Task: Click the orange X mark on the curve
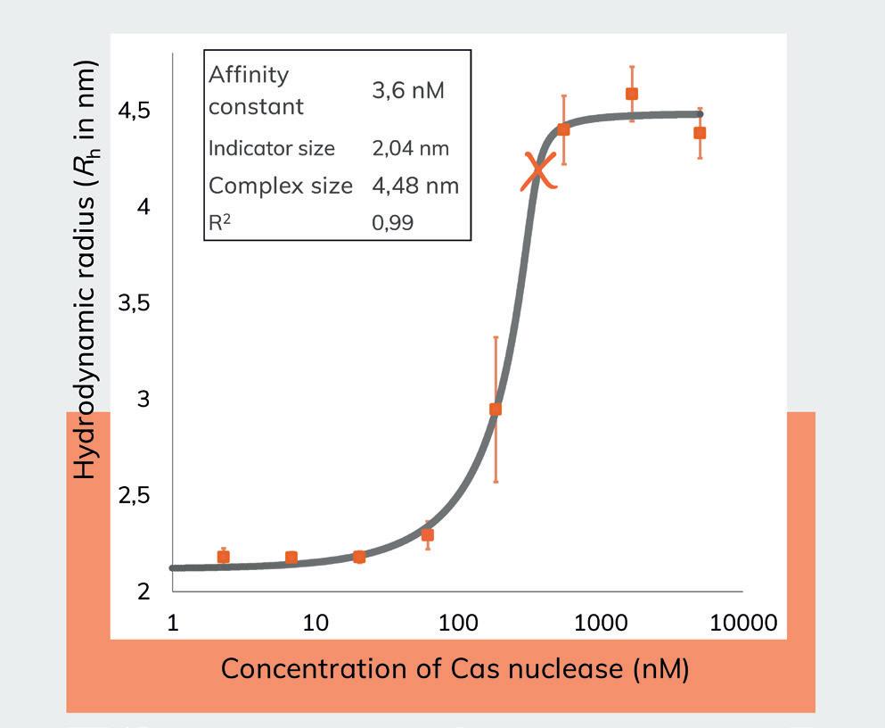tap(539, 170)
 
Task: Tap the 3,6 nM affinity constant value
tap(407, 90)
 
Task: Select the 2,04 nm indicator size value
tap(410, 148)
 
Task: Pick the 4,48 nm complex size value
tap(414, 186)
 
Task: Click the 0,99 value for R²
tap(393, 222)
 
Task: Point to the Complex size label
tap(280, 186)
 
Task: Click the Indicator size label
tap(272, 148)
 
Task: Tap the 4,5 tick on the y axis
tap(134, 112)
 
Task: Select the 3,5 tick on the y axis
tap(134, 303)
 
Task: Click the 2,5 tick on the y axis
tap(134, 495)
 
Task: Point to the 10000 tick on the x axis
tap(742, 623)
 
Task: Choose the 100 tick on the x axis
tap(458, 623)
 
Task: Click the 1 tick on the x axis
tap(173, 623)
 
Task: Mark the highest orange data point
tap(632, 94)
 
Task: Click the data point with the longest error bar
tap(496, 409)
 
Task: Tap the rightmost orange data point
tap(700, 133)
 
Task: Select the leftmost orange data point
tap(224, 557)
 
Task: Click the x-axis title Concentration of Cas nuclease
tap(455, 668)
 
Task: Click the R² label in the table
tap(218, 222)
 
